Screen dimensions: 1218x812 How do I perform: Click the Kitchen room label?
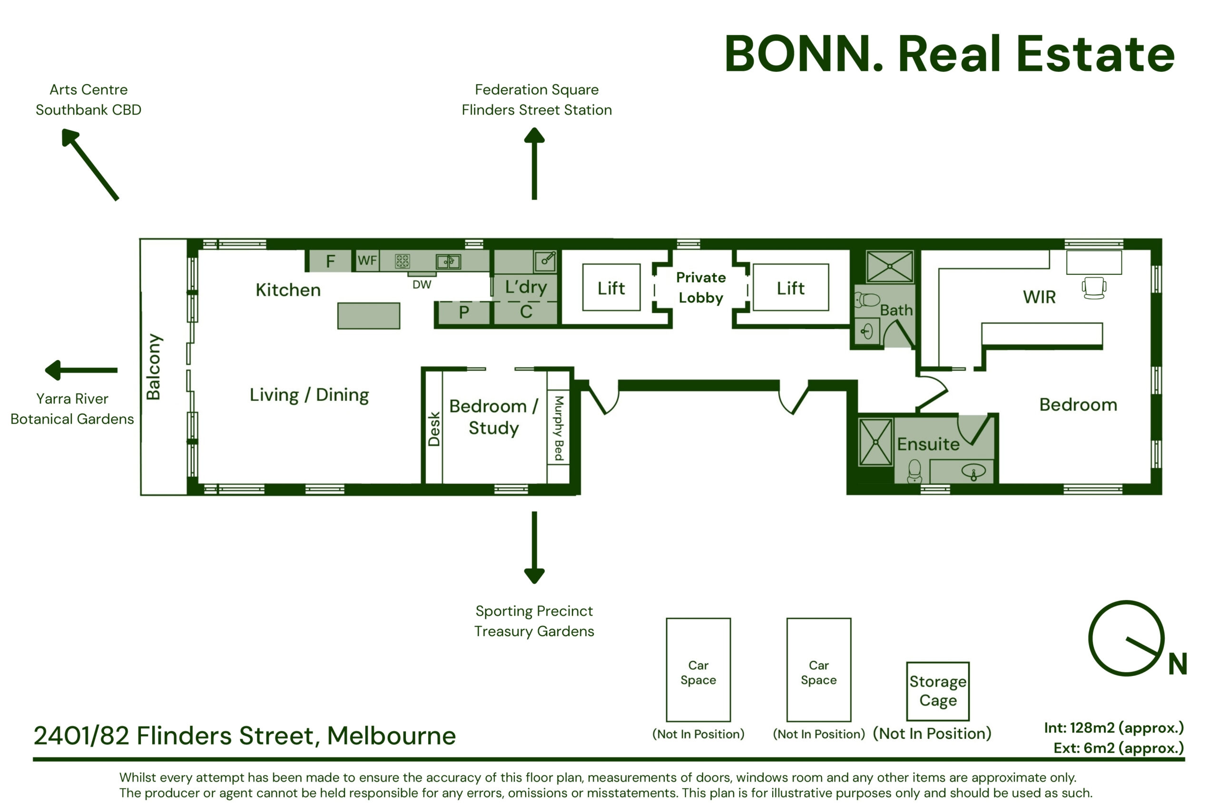pos(288,290)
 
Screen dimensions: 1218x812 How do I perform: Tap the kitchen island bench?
pos(369,316)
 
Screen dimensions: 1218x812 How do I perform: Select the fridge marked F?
pos(330,261)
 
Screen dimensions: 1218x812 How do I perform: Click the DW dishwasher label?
pos(422,284)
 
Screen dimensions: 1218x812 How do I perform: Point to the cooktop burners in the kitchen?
pos(402,261)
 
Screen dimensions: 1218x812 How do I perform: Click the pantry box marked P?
pos(464,312)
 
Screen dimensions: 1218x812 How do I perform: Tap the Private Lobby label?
pos(701,288)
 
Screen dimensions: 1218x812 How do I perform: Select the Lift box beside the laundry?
pos(611,288)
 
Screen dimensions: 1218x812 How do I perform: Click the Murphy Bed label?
pos(559,428)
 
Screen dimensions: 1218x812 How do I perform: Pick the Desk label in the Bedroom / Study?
pos(434,429)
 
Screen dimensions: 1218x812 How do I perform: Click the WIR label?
pos(1039,297)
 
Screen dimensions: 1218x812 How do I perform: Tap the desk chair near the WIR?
pos(1094,288)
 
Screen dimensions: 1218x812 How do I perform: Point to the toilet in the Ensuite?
pos(914,471)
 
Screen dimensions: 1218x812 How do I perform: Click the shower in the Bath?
pos(889,267)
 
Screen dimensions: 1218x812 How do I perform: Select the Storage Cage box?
pos(938,691)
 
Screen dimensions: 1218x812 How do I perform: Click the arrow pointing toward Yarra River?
pos(81,370)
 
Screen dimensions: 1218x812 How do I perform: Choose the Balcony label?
pos(153,367)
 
